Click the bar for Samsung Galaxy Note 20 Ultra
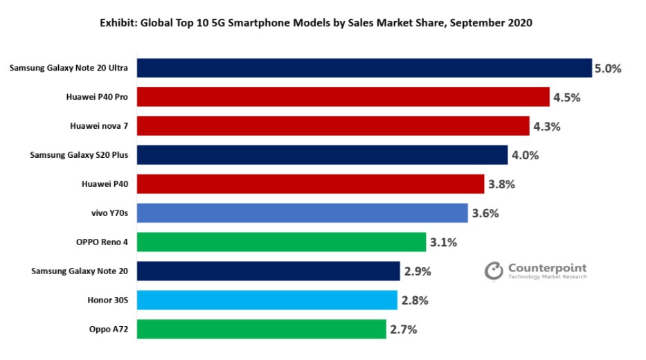click(x=364, y=68)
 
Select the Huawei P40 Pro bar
click(x=343, y=97)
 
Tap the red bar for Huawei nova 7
click(x=333, y=126)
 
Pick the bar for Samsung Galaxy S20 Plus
click(x=322, y=155)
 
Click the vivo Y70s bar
click(x=303, y=213)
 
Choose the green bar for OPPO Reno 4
click(x=281, y=242)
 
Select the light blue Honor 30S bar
click(x=267, y=300)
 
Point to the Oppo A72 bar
click(x=262, y=329)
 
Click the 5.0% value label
click(x=608, y=69)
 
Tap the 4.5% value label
click(x=567, y=98)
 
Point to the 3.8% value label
click(x=501, y=184)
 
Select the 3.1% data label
click(x=443, y=242)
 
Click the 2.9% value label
click(x=418, y=271)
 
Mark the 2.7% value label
click(x=404, y=330)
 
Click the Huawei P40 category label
click(x=105, y=184)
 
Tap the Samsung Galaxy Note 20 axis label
click(x=80, y=271)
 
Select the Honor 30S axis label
click(x=107, y=300)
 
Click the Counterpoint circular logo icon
click(x=494, y=271)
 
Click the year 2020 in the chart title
click(x=520, y=23)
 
